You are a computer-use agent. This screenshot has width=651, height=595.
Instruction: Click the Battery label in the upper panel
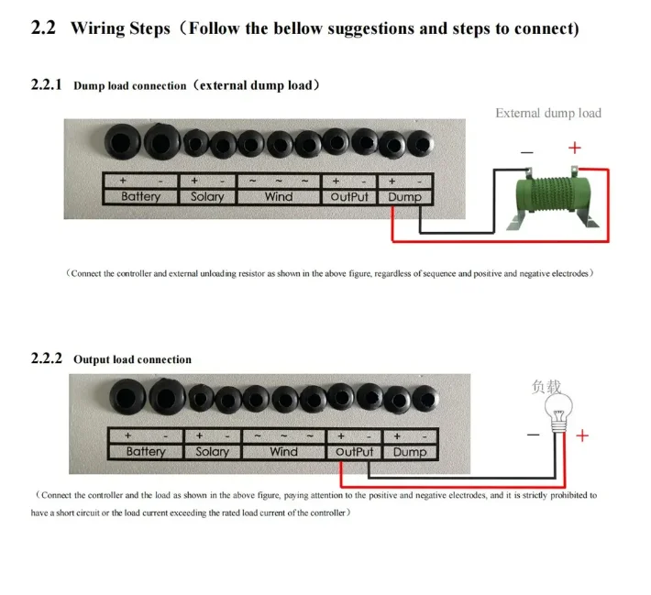tap(141, 196)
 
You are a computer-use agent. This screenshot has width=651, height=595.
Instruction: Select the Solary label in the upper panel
tap(207, 196)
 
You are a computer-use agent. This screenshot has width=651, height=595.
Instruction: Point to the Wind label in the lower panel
tap(283, 451)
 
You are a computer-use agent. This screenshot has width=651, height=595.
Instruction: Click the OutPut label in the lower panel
tap(354, 452)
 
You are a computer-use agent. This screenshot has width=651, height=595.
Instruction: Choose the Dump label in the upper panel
tap(404, 197)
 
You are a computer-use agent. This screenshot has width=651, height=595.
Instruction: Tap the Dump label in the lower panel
tap(410, 452)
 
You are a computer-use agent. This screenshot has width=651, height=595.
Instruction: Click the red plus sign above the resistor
tap(575, 148)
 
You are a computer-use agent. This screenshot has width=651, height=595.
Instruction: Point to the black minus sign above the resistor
tap(527, 152)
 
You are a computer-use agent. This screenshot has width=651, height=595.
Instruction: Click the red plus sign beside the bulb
tap(582, 435)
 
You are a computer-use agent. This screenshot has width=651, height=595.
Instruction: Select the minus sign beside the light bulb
tap(534, 435)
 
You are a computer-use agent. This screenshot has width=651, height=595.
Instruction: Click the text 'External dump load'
tap(548, 113)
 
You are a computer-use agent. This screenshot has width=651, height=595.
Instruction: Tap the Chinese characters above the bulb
tap(546, 387)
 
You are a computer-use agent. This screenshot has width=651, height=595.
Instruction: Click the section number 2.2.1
tap(46, 84)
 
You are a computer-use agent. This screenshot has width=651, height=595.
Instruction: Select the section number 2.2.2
tap(47, 358)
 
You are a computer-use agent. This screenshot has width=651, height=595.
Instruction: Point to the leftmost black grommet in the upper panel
tap(123, 141)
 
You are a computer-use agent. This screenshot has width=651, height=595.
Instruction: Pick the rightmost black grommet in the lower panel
tap(425, 399)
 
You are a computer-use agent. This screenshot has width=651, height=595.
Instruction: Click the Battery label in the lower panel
tap(146, 451)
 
